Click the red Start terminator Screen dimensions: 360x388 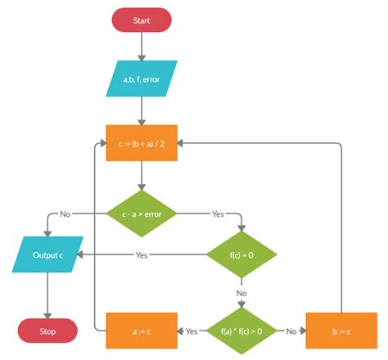142,20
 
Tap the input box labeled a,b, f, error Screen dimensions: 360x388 142,79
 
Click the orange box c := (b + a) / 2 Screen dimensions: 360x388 142,142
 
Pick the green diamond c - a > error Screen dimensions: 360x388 142,214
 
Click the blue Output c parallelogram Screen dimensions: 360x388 47,254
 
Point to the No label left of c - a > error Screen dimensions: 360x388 65,214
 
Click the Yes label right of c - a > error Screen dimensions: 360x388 218,214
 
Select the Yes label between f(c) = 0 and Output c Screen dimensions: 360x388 141,254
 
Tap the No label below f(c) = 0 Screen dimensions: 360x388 241,292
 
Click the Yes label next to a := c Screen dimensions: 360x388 192,331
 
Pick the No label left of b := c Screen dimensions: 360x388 290,331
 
